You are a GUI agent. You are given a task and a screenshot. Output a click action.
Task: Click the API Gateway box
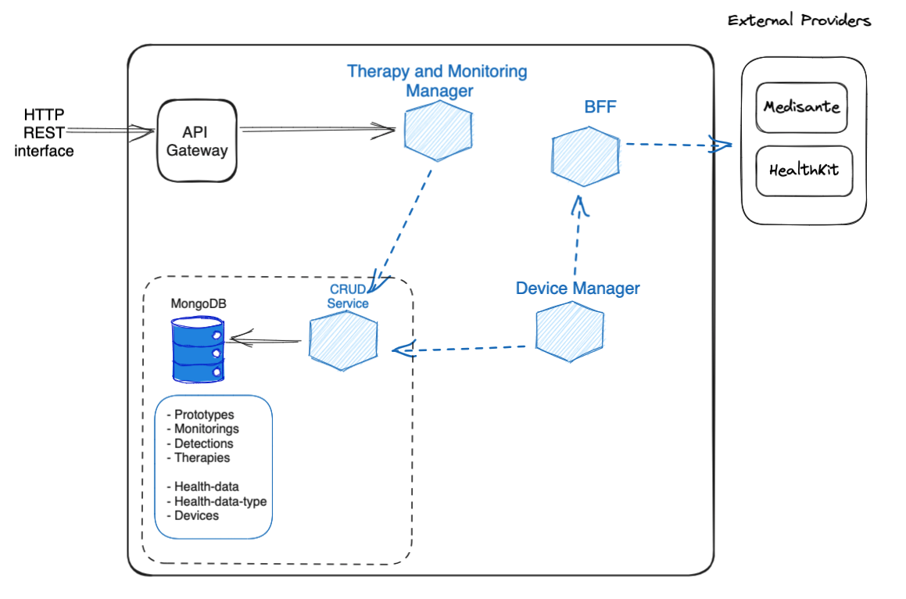point(196,142)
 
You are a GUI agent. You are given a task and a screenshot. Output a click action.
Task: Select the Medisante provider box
point(802,106)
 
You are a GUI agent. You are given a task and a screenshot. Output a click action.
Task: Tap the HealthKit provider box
point(802,170)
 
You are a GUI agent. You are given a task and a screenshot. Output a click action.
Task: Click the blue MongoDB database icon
point(198,352)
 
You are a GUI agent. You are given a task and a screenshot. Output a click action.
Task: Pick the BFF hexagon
point(585,157)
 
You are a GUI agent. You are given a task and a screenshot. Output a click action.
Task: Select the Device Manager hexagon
point(570,335)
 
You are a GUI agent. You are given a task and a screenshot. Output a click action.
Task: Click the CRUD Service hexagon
point(342,339)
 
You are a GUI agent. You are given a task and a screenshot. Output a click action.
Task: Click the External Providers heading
point(799,20)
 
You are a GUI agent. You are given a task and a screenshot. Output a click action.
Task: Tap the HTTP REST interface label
point(44,133)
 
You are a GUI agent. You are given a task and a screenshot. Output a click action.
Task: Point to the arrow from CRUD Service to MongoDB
point(266,340)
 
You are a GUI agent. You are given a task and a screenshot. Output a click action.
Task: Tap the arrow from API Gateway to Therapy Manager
point(317,130)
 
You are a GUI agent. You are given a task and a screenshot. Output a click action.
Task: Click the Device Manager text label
point(577,289)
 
